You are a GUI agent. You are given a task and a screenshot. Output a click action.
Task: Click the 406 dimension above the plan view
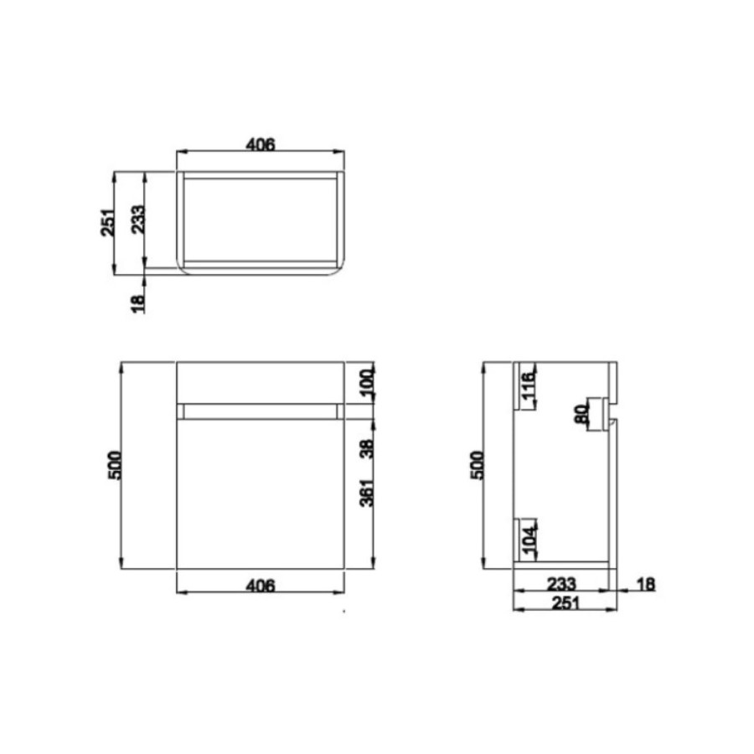[x=261, y=144]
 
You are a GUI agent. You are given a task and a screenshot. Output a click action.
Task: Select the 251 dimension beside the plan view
[x=107, y=222]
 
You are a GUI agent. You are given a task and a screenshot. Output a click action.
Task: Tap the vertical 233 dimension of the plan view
[x=138, y=221]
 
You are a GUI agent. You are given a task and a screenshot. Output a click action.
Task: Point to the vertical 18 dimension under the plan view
[x=138, y=298]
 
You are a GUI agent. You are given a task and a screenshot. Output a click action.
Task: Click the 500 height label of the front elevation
[x=116, y=466]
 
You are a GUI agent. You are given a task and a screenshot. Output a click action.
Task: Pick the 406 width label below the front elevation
[x=261, y=586]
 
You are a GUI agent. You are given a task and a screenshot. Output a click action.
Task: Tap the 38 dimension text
[x=367, y=449]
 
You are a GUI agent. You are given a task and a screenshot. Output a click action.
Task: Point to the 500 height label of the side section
[x=478, y=466]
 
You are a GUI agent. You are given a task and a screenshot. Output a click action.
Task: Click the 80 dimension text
[x=581, y=414]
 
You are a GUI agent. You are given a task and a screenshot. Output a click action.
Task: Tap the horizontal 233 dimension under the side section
[x=562, y=583]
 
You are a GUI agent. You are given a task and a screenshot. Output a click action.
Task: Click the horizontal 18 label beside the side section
[x=646, y=583]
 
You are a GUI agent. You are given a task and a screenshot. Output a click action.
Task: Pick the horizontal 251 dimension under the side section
[x=562, y=603]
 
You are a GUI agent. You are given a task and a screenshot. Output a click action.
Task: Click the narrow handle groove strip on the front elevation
[x=261, y=411]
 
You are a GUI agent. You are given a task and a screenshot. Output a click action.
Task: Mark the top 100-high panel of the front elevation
[x=261, y=382]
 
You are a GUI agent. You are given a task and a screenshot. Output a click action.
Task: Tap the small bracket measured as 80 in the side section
[x=598, y=413]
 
